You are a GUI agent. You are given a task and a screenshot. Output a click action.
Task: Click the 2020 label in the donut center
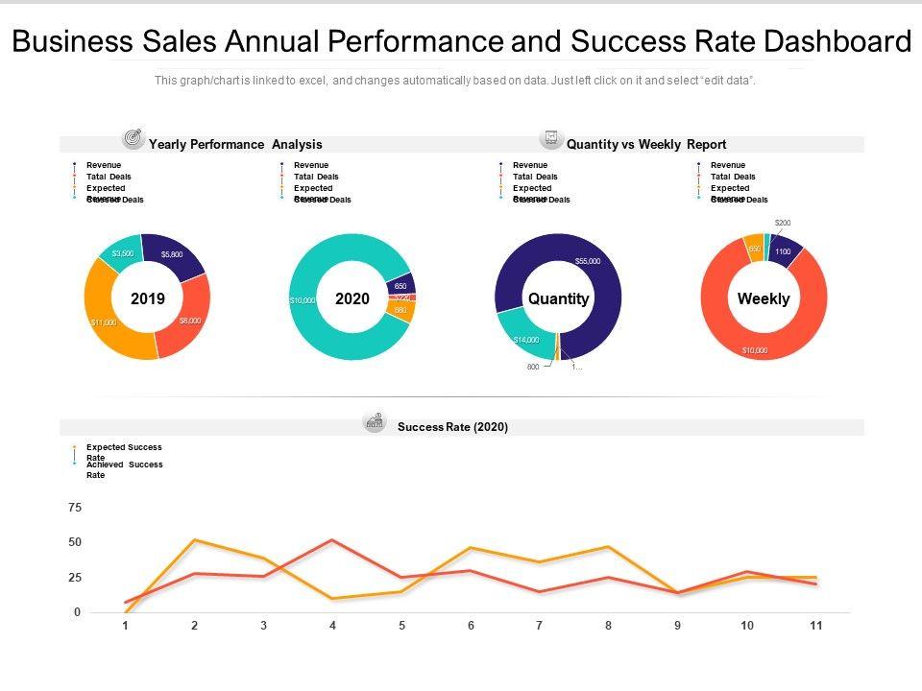point(352,298)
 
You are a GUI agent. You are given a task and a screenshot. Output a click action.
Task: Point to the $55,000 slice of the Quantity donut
point(586,261)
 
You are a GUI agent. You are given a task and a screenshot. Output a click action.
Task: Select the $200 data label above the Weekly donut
point(783,223)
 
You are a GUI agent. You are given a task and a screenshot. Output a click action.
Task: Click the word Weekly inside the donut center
point(764,298)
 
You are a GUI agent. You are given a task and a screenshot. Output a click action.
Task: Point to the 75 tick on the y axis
point(75,507)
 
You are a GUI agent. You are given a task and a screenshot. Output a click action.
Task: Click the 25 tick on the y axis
point(75,578)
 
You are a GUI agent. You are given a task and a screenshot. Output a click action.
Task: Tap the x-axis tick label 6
point(471,626)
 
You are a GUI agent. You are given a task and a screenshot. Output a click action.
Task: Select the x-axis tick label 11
point(815,626)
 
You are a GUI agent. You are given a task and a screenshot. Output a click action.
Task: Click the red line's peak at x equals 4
point(332,539)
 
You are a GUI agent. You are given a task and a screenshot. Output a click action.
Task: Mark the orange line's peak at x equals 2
point(195,539)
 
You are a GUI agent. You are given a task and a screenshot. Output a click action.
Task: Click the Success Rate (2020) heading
point(452,427)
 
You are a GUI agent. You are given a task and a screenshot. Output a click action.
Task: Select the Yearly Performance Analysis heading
point(235,144)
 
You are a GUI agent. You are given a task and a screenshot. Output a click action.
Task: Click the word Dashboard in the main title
point(835,42)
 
